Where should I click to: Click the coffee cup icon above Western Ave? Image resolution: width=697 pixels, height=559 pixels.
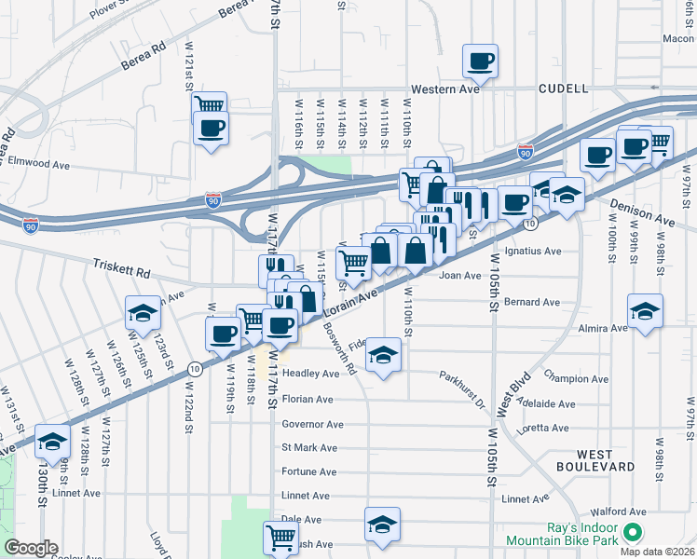[481, 62]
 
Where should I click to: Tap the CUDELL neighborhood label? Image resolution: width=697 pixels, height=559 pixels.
[563, 89]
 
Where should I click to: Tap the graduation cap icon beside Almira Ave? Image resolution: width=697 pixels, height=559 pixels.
[645, 312]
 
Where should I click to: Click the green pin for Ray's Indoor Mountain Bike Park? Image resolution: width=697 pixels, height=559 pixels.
[633, 533]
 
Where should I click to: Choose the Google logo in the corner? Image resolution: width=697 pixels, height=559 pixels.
[31, 548]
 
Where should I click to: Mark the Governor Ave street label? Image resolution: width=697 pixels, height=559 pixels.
[312, 424]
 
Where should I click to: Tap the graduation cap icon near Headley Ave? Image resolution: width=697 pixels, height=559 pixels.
[383, 356]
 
